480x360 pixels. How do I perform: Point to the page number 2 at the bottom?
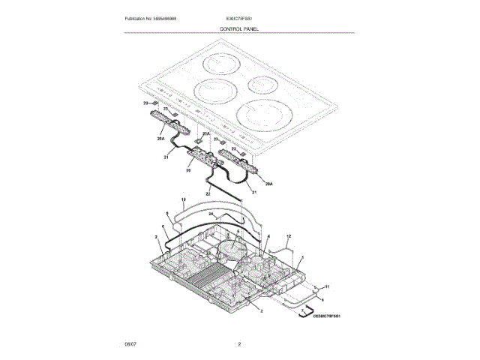[239, 344]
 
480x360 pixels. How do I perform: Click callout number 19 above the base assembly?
[184, 199]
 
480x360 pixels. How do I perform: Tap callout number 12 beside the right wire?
[289, 236]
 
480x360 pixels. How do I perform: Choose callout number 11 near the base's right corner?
[327, 287]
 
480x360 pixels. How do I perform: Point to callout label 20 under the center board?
[188, 171]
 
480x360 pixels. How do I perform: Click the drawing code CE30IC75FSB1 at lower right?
[322, 316]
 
